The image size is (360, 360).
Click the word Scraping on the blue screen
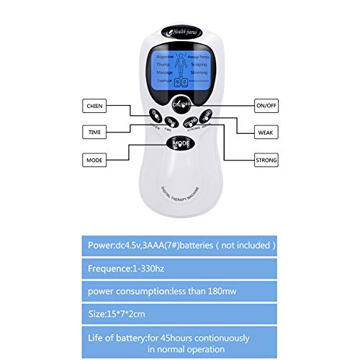(x=200, y=64)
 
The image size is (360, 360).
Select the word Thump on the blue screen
(x=161, y=64)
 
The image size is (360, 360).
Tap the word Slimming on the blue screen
(x=200, y=73)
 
